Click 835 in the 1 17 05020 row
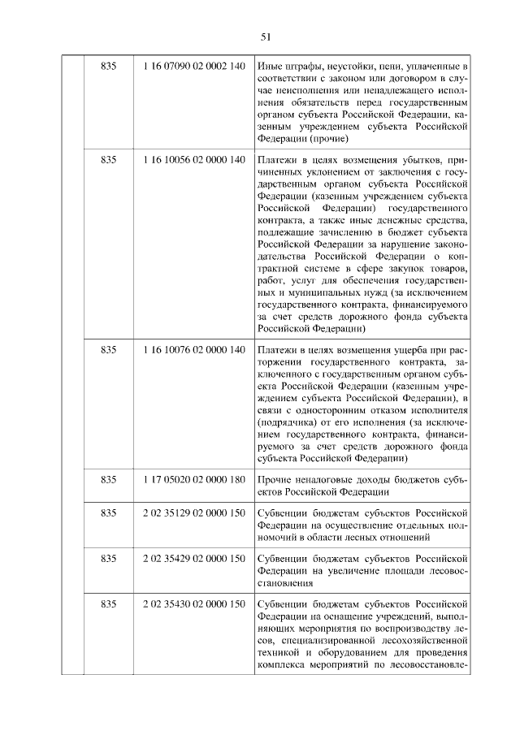pyautogui.click(x=109, y=479)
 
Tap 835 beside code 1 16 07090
pyautogui.click(x=109, y=65)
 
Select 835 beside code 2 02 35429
pyautogui.click(x=109, y=560)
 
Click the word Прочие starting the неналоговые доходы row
pyautogui.click(x=275, y=479)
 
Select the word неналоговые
pyautogui.click(x=331, y=479)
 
